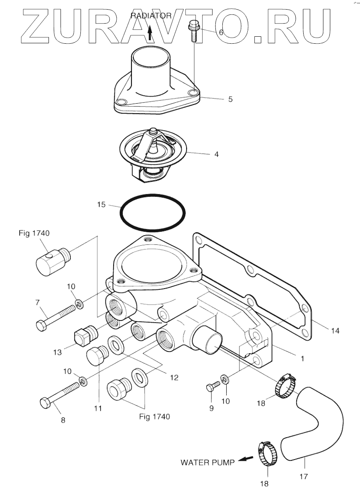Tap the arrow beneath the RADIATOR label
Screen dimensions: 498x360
[150, 32]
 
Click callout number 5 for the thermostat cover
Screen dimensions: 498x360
[230, 99]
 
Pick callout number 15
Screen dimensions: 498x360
[101, 204]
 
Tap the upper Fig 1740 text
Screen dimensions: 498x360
[34, 233]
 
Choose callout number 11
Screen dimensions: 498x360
[97, 408]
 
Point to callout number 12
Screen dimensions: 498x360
[174, 377]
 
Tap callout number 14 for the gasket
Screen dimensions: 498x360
[335, 331]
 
